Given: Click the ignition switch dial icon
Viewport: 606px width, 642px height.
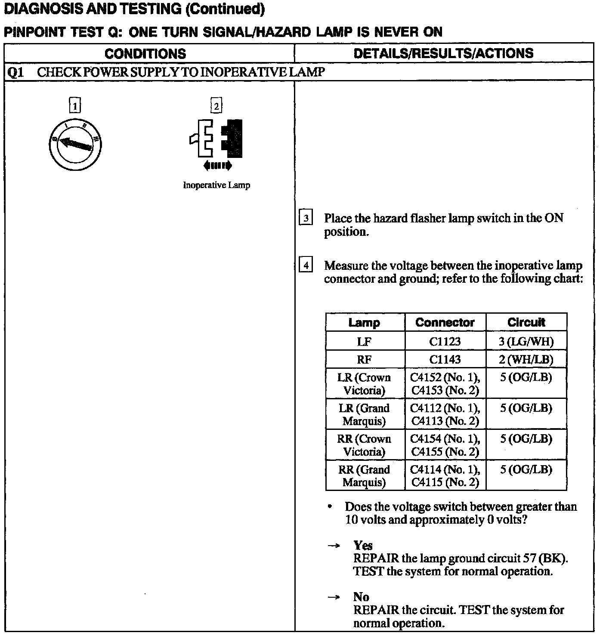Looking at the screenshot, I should [x=75, y=144].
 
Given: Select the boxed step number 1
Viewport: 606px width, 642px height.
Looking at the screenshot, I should [x=75, y=105].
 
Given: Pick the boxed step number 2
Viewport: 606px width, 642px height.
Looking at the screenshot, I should [x=216, y=105].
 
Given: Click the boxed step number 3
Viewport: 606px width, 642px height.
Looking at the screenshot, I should [x=306, y=218].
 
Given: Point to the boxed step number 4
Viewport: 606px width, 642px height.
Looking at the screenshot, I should [x=306, y=265].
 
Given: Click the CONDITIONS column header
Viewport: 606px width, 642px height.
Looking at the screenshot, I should [x=145, y=53].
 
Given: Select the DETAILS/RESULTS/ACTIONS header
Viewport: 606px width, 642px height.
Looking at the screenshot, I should [x=443, y=53].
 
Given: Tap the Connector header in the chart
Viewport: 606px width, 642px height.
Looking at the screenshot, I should [x=445, y=322].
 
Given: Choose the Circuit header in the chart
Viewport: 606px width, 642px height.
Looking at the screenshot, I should [x=526, y=322].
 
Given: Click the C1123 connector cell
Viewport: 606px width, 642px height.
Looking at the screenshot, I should [x=445, y=341].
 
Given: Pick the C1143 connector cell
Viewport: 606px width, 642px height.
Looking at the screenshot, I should [x=445, y=359].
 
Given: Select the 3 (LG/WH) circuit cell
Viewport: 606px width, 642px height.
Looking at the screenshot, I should [x=526, y=341].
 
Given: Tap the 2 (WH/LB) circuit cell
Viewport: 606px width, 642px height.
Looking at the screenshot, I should [x=526, y=359].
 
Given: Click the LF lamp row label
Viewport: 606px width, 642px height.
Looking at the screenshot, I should [x=364, y=341].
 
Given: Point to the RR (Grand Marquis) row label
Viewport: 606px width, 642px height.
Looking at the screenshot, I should [x=364, y=475].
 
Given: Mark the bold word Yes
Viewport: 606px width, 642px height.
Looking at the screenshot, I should [x=363, y=546].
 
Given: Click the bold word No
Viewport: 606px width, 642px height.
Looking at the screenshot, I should [x=361, y=597].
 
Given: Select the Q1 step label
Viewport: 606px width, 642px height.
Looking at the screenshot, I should [x=16, y=72].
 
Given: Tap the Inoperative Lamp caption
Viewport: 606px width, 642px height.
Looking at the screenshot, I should [x=216, y=185].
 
